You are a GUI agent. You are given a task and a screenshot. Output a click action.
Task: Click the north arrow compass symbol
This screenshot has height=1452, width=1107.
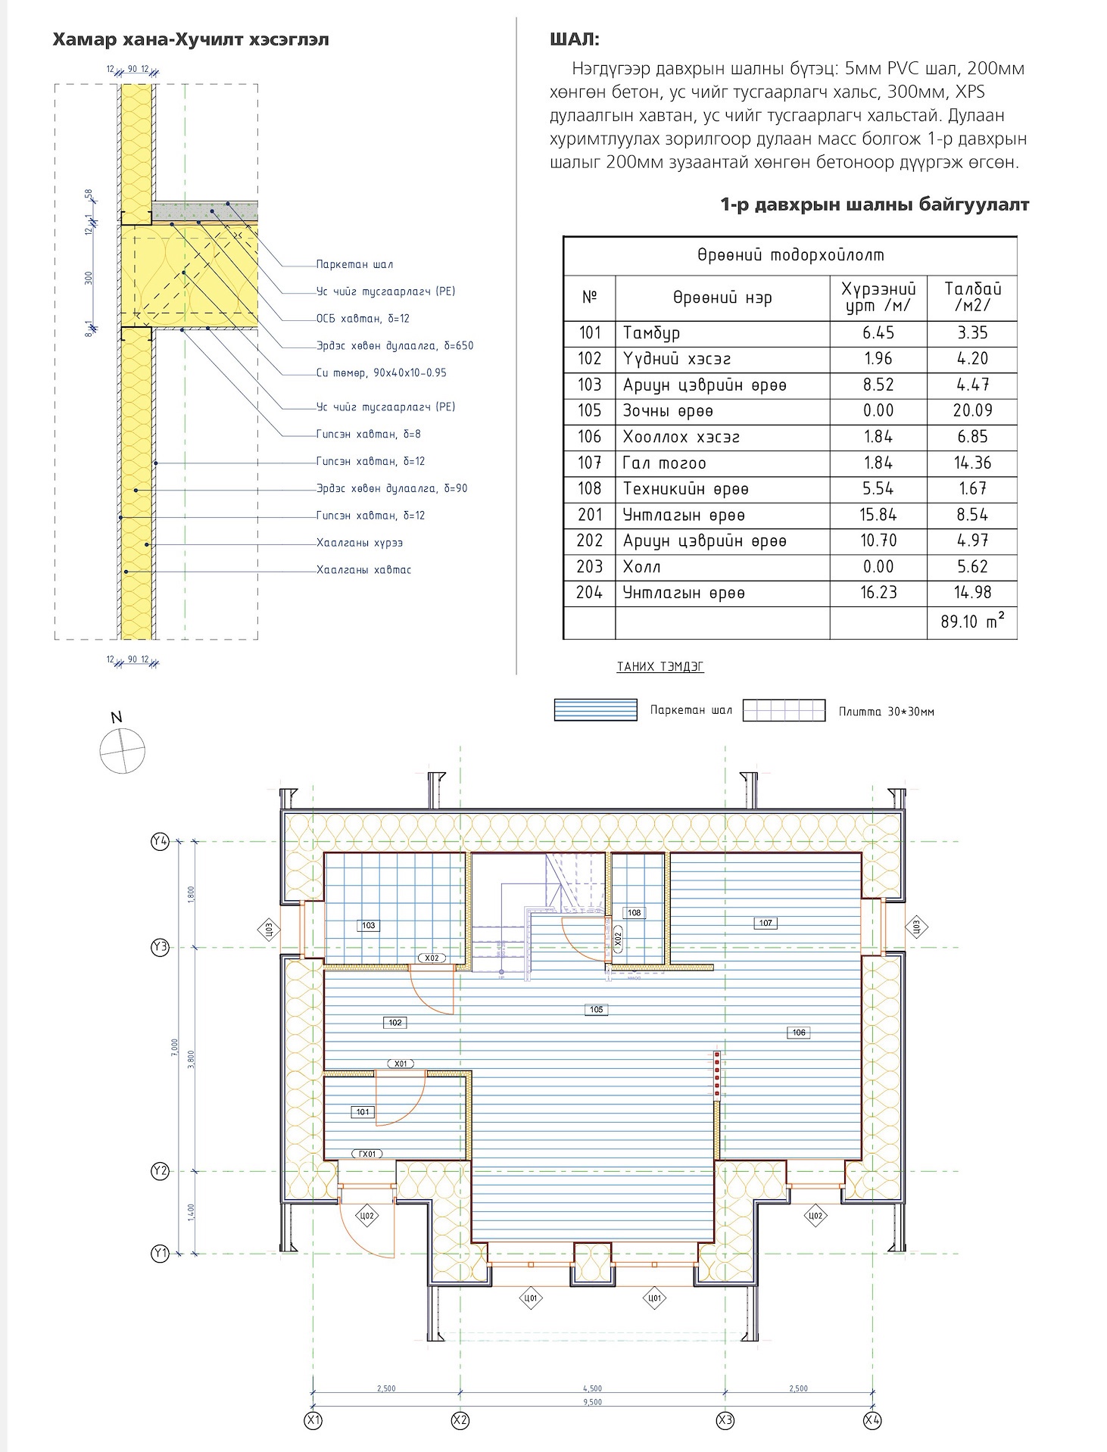(x=122, y=750)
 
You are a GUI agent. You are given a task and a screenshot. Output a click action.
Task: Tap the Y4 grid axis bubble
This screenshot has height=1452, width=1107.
(x=160, y=841)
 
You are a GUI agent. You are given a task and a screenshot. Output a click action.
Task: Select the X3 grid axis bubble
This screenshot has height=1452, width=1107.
(x=725, y=1420)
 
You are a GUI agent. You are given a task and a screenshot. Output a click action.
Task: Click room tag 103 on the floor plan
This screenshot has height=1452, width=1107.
(x=368, y=925)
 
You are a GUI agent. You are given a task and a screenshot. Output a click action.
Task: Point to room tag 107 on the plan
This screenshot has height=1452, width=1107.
(x=766, y=923)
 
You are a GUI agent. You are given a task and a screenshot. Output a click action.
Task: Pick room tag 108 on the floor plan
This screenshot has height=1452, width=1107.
(x=634, y=912)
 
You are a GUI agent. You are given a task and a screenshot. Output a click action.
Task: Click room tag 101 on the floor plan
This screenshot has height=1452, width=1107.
(x=363, y=1111)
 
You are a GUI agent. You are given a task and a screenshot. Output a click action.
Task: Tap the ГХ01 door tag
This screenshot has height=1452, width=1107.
(x=367, y=1154)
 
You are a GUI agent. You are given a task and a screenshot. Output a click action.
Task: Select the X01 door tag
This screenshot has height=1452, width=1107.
(x=401, y=1064)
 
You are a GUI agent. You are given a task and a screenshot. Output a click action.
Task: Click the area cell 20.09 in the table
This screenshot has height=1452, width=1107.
(x=972, y=410)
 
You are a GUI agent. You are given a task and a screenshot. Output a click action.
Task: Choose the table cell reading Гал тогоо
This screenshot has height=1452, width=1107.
(x=664, y=463)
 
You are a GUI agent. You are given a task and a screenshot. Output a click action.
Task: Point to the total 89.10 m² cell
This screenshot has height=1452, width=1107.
(x=972, y=622)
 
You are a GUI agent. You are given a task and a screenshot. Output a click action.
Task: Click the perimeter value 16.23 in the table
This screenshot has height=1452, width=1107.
(x=878, y=592)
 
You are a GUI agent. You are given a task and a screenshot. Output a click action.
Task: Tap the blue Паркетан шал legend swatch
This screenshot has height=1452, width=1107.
(x=595, y=710)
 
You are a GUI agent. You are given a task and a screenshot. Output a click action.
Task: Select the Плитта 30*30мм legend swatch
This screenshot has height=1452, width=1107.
(x=784, y=710)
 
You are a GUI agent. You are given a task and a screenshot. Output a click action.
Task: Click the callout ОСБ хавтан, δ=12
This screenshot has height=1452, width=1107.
(x=363, y=319)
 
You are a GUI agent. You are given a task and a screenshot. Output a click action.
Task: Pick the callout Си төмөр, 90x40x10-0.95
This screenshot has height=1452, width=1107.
(x=381, y=372)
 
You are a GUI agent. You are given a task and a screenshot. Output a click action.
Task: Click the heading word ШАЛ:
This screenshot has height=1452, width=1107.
(x=575, y=40)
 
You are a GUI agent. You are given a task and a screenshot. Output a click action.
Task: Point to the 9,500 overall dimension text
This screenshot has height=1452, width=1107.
(x=592, y=1402)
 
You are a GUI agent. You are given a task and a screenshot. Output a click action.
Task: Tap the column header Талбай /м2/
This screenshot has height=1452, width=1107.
(x=972, y=298)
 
